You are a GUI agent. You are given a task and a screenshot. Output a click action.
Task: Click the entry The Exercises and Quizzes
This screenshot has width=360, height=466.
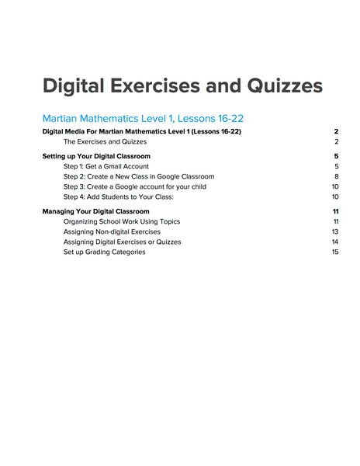(x=105, y=142)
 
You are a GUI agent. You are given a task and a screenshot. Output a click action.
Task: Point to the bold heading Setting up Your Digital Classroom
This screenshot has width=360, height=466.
(x=96, y=156)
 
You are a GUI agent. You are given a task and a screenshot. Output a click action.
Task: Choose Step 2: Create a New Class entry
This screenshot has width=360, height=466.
(x=139, y=176)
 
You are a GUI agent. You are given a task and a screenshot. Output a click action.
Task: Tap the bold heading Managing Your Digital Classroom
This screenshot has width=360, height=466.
(x=95, y=211)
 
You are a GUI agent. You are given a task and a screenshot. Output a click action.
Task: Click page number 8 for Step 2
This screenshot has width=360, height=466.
(x=337, y=176)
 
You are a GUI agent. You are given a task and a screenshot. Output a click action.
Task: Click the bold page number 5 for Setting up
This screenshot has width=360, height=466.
(x=337, y=156)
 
